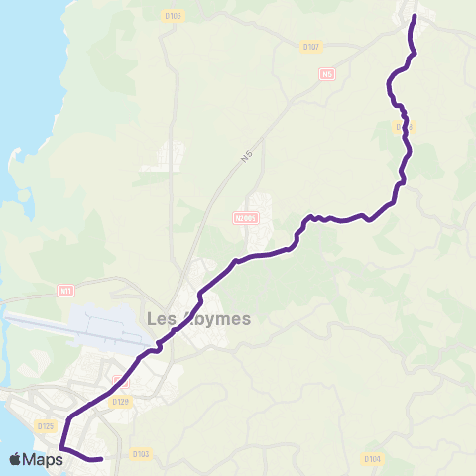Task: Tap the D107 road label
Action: (x=311, y=46)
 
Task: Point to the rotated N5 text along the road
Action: (x=245, y=157)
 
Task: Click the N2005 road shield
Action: (x=246, y=219)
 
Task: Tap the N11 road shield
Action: (x=65, y=291)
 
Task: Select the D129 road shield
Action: (x=121, y=401)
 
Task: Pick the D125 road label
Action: (x=45, y=427)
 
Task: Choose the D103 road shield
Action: (x=140, y=454)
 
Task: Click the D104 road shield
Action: (x=372, y=458)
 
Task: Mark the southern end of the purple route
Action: (x=101, y=459)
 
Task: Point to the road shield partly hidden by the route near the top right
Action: (x=402, y=127)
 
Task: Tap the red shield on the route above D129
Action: (x=121, y=382)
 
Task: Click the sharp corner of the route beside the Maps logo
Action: (x=61, y=448)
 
